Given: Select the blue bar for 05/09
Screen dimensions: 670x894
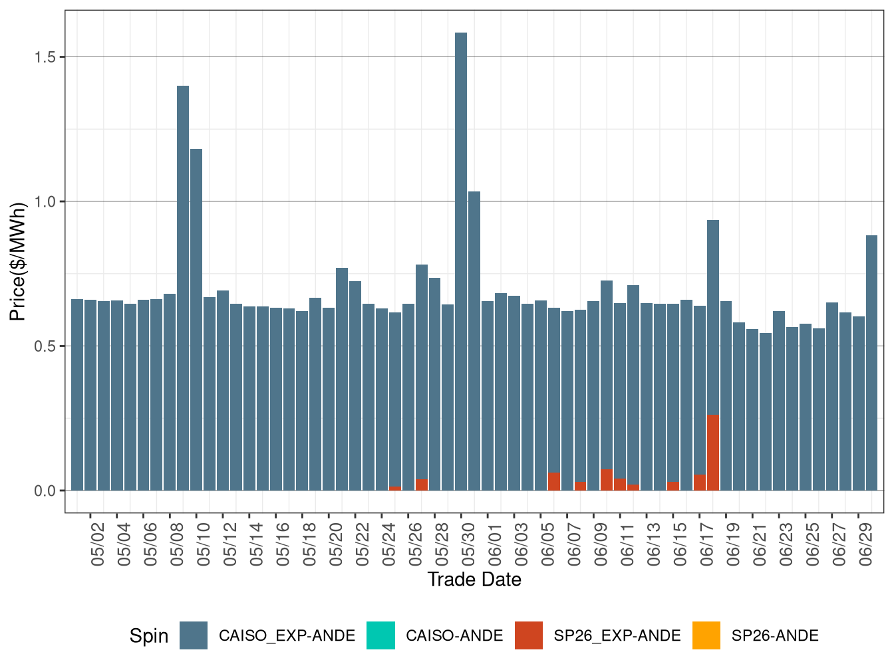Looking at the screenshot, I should click(183, 286).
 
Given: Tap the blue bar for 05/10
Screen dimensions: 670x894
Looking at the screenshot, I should click(196, 319).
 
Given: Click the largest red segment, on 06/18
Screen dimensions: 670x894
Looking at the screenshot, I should click(713, 453).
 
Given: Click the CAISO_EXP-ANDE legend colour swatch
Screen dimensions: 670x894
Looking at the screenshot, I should click(194, 635).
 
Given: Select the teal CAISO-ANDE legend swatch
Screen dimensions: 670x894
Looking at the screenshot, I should click(380, 635).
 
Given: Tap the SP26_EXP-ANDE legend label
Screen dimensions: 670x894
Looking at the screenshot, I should click(617, 636).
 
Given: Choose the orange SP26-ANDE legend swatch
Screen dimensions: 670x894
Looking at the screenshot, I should click(706, 635).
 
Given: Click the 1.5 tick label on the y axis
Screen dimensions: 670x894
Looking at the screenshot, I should click(45, 57).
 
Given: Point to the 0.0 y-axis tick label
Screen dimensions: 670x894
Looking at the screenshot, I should click(45, 491).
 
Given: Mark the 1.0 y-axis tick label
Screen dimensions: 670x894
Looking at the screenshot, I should click(45, 202).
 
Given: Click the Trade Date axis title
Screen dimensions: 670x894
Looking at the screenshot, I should click(474, 580).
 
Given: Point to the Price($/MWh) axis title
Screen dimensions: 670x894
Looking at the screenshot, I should click(18, 261).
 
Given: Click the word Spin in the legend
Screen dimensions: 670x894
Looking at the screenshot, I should click(148, 636).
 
